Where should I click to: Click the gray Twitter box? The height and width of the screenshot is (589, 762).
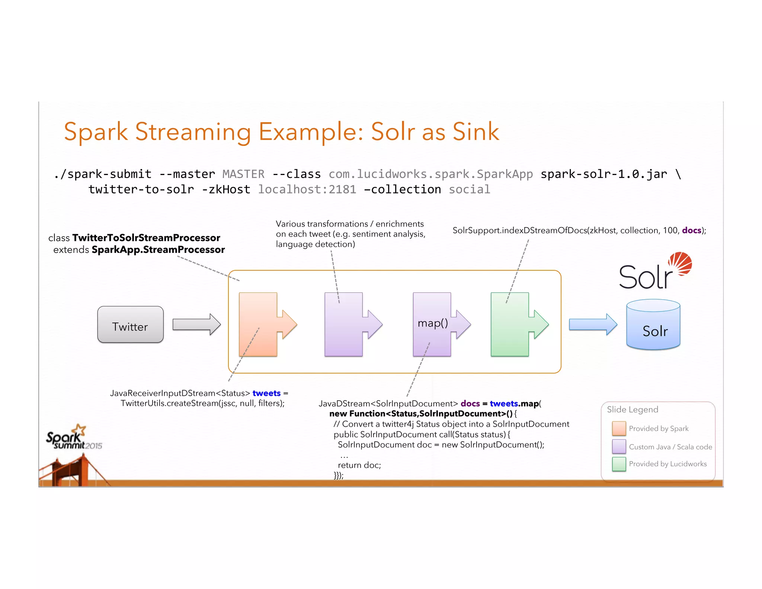[130, 325]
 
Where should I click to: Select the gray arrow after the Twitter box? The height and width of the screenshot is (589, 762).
[196, 324]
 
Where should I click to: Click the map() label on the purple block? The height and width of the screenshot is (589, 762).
[432, 323]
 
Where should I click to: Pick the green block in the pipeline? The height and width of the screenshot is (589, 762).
[510, 325]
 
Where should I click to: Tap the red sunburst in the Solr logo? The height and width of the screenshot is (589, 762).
[681, 263]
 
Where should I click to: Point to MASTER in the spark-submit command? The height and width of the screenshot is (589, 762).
[243, 174]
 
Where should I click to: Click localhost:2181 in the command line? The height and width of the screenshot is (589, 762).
[307, 190]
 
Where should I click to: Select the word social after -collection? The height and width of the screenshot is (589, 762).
[469, 190]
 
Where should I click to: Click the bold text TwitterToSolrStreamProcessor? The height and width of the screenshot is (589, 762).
[146, 238]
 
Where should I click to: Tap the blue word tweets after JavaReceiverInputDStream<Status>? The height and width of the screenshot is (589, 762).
[266, 393]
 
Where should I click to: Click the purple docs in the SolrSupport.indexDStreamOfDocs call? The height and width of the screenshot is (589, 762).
[691, 230]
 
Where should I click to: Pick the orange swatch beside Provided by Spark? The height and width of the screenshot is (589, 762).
[619, 429]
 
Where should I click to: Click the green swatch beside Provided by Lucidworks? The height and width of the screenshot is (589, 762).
[619, 464]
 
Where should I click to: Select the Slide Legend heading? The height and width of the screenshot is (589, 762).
[632, 410]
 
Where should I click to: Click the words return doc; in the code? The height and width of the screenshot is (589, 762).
[359, 465]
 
